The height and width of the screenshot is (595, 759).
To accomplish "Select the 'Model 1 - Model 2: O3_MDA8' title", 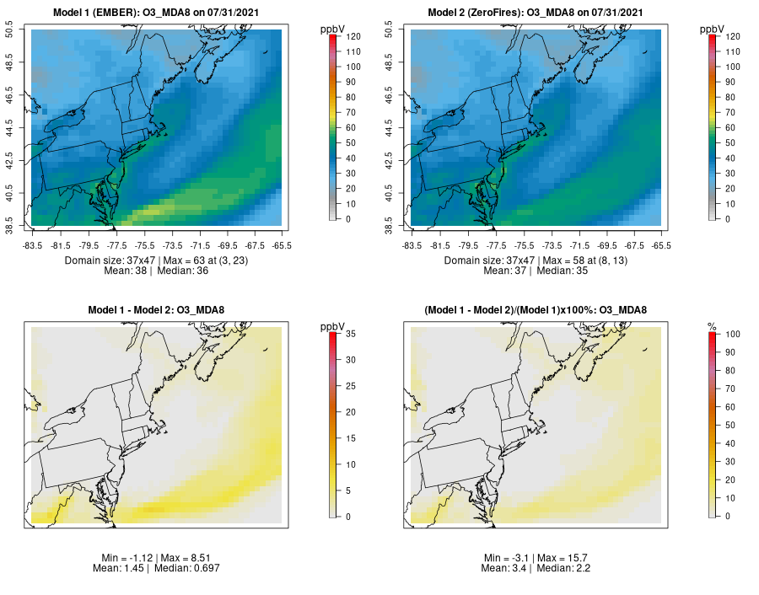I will click(155, 310).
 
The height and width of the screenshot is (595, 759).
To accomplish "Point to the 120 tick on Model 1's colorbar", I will click(348, 36).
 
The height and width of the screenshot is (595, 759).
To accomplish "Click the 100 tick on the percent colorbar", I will click(728, 335).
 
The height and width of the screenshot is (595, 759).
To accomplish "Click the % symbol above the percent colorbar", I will click(713, 326).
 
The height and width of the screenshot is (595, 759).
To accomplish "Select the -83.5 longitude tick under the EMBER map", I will click(33, 246).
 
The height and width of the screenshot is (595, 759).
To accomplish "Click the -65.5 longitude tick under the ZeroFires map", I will click(661, 246).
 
